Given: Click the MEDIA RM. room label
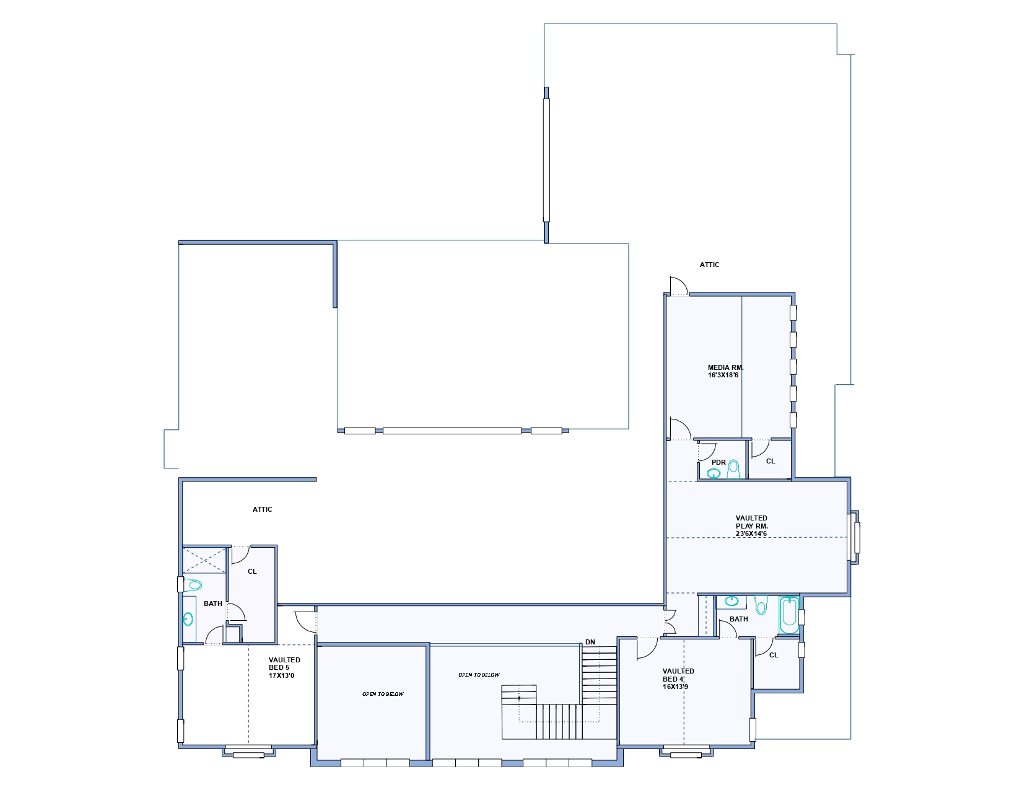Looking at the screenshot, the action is [726, 367].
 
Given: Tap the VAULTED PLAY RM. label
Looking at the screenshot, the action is [751, 522].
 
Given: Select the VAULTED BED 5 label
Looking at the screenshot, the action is [284, 664].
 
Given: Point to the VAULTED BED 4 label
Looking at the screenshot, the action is [678, 675].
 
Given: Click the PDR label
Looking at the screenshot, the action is [718, 462].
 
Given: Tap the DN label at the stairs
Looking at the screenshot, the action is [590, 642].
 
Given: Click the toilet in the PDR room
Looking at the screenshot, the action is [733, 470].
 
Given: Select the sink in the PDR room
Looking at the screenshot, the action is [714, 473].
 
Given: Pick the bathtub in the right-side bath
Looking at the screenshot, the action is [789, 615].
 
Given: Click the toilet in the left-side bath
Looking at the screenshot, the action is [193, 585].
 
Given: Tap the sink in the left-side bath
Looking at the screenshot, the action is [188, 619].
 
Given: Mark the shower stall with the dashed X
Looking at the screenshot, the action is [204, 560].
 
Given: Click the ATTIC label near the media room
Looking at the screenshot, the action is [709, 265].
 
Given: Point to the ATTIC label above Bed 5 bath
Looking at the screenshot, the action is [263, 509].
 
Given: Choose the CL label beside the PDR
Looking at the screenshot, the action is [771, 461].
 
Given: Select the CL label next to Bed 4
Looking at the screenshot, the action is [774, 655].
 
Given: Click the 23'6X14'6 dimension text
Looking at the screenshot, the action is [751, 533].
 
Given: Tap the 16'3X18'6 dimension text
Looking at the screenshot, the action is [723, 375].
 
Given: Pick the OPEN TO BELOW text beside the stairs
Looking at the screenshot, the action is [479, 675].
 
